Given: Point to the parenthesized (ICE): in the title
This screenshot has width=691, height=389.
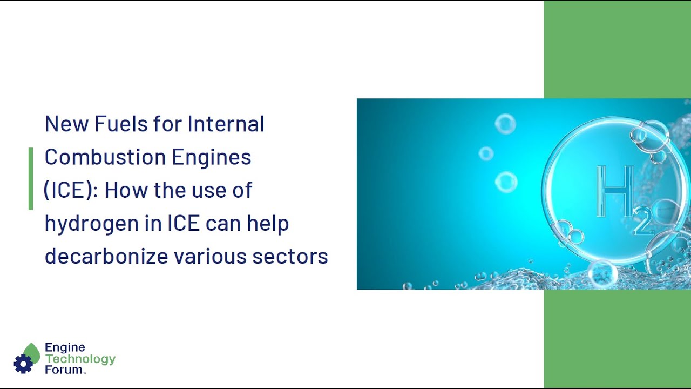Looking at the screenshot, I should (71, 190).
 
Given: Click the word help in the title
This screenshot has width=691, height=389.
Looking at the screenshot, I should (268, 223).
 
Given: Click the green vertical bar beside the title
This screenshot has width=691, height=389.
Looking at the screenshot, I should (31, 178).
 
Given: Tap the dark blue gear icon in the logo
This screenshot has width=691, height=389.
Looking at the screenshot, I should (23, 364).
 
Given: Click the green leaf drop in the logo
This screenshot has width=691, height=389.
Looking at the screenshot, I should (32, 352).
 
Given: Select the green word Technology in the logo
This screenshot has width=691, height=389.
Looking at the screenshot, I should (80, 359).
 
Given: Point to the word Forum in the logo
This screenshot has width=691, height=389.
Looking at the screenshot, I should (64, 370).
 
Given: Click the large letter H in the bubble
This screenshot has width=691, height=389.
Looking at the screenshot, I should (613, 192).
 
